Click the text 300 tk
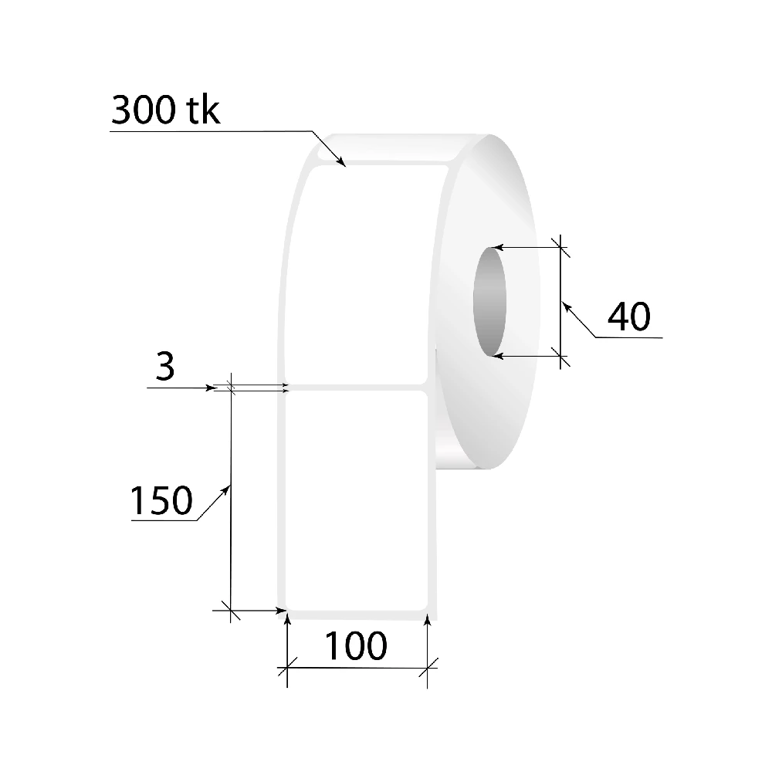(165, 110)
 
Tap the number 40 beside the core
(629, 317)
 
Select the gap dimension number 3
(165, 367)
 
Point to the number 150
(161, 500)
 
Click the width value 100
(356, 645)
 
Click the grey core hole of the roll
(489, 301)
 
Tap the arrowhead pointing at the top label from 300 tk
(340, 161)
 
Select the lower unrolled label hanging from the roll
(357, 501)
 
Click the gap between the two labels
(357, 388)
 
